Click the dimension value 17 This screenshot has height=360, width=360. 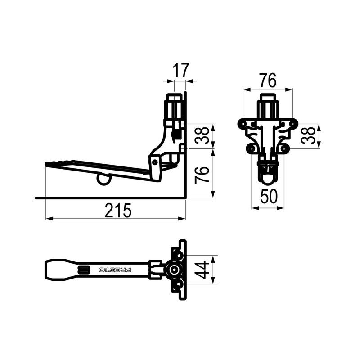click(181, 70)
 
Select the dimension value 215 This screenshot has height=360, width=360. click(118, 210)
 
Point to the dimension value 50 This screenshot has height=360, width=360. click(269, 197)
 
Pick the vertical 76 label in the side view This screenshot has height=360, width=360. click(202, 175)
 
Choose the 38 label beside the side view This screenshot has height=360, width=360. click(202, 135)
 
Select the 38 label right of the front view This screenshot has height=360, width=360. click(308, 135)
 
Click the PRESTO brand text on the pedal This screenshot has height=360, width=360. click(115, 270)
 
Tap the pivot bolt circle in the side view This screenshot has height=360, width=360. click(155, 162)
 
